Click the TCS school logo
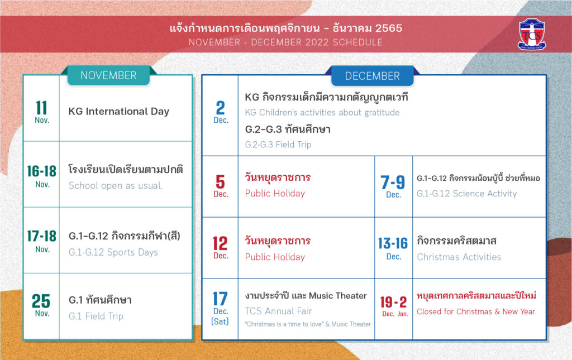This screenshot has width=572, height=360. click(532, 34)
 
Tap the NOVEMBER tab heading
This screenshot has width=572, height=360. click(109, 75)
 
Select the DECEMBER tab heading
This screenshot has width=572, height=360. click(373, 76)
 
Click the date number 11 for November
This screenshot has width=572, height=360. click(41, 108)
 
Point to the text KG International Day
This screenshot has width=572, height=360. click(119, 111)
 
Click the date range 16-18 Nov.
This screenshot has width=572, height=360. click(42, 176)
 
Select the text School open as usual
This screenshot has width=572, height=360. click(115, 185)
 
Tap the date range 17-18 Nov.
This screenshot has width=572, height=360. click(42, 241)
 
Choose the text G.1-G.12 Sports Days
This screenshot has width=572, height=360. click(113, 252)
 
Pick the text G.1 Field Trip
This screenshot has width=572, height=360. click(96, 316)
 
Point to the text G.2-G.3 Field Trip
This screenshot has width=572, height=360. click(278, 145)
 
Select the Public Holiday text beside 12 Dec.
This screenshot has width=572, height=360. click(275, 257)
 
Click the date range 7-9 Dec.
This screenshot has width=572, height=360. click(393, 186)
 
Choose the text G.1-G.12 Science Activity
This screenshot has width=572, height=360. click(466, 194)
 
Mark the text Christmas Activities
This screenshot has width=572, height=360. click(459, 257)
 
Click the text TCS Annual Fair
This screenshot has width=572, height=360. click(278, 311)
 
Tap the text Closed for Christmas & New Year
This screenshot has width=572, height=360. click(476, 311)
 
